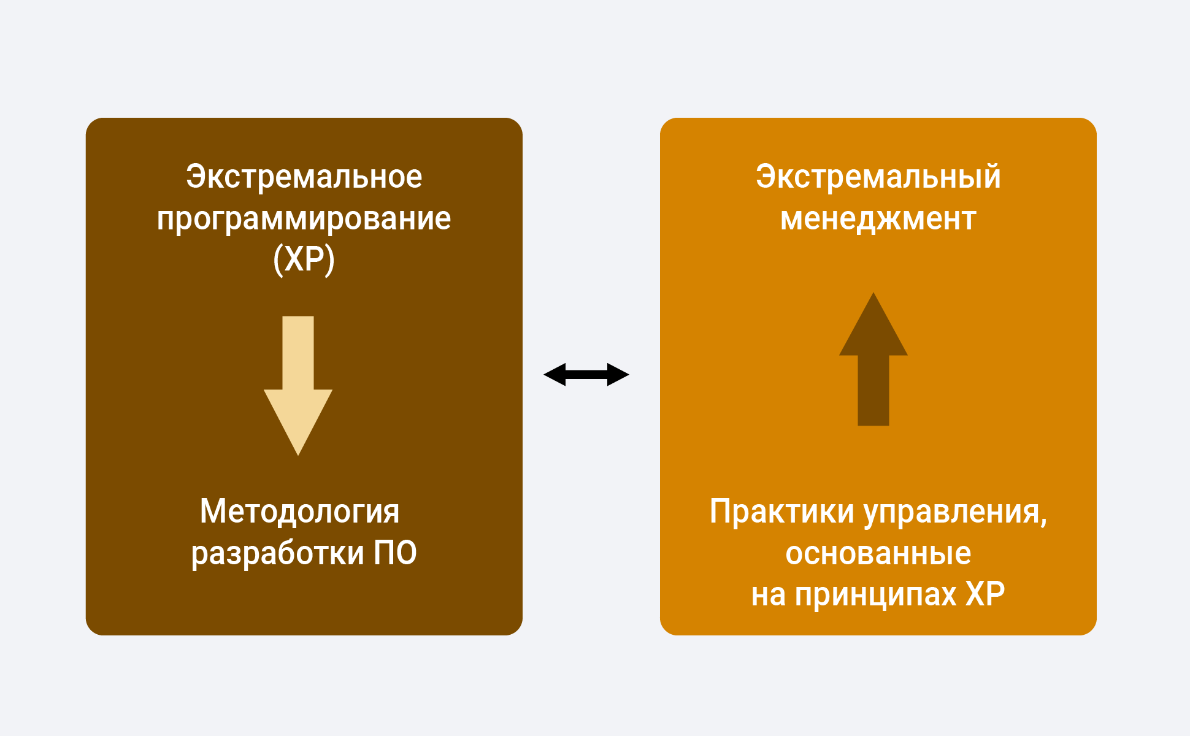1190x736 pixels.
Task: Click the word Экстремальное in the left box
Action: point(304,177)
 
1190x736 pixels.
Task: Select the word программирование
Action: point(304,219)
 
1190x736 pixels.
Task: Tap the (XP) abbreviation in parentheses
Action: point(304,259)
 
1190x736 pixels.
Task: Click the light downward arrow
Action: point(298,386)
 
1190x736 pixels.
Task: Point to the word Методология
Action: point(300,512)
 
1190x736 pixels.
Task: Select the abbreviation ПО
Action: point(396,553)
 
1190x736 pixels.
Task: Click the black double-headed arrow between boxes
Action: point(586,374)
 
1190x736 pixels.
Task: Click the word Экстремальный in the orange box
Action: point(878,177)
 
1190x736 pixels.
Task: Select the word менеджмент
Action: point(878,219)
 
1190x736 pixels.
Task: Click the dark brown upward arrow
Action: point(873,359)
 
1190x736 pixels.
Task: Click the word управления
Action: point(956,513)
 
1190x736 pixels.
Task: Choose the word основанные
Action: point(878,553)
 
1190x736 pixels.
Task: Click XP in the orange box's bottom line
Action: point(986,594)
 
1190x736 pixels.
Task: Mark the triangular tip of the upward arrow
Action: point(873,293)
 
